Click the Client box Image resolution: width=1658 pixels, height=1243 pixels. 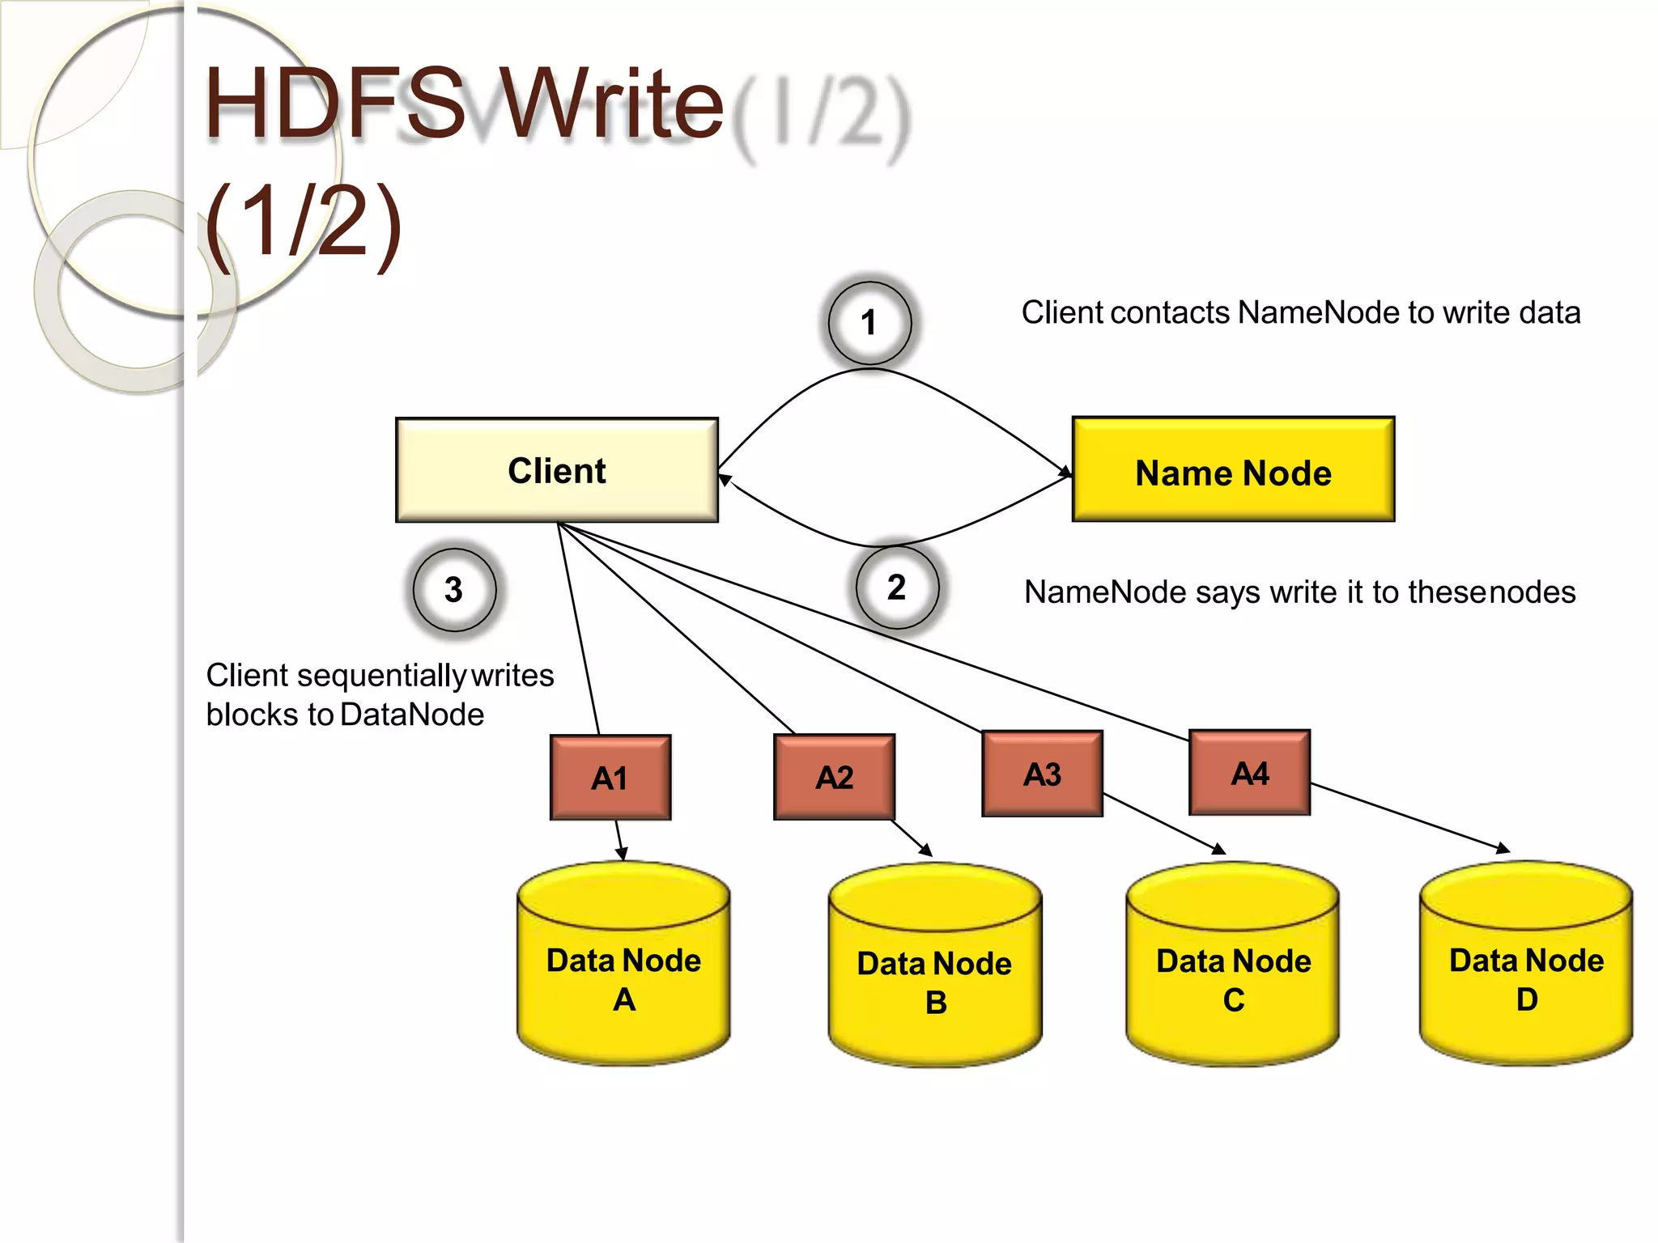556,470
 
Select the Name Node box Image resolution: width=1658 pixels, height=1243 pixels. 1232,470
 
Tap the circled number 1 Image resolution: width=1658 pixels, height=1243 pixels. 869,323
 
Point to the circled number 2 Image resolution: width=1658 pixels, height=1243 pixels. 897,588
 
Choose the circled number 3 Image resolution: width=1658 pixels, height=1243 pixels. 454,589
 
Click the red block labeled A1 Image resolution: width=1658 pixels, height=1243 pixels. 610,778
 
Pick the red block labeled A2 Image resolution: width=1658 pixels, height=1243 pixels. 834,778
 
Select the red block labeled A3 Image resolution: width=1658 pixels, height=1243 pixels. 1042,774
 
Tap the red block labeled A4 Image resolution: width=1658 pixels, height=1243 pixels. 1249,773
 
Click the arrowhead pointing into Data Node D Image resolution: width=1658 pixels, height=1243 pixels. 1504,849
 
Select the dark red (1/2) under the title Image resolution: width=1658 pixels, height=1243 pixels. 304,222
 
